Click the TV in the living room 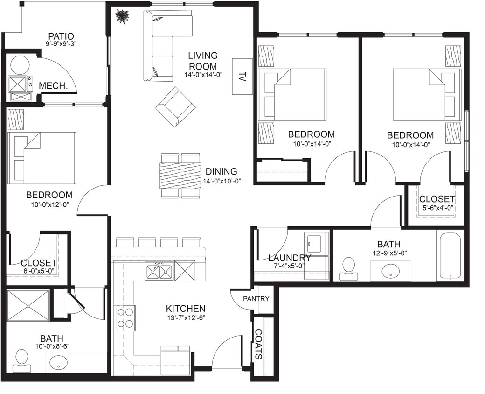(x=242, y=76)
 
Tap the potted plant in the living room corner (x=122, y=16)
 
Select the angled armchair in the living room (x=175, y=106)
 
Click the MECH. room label (x=51, y=86)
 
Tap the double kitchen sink (x=159, y=271)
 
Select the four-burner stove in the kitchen (x=125, y=318)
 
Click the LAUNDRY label (x=289, y=258)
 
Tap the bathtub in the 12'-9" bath (x=450, y=256)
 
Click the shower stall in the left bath (x=28, y=305)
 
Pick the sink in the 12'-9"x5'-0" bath (x=390, y=271)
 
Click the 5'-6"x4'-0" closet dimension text (x=436, y=208)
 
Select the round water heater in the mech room (x=20, y=65)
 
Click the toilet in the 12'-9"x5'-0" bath (x=348, y=267)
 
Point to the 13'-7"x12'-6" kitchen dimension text (x=186, y=317)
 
